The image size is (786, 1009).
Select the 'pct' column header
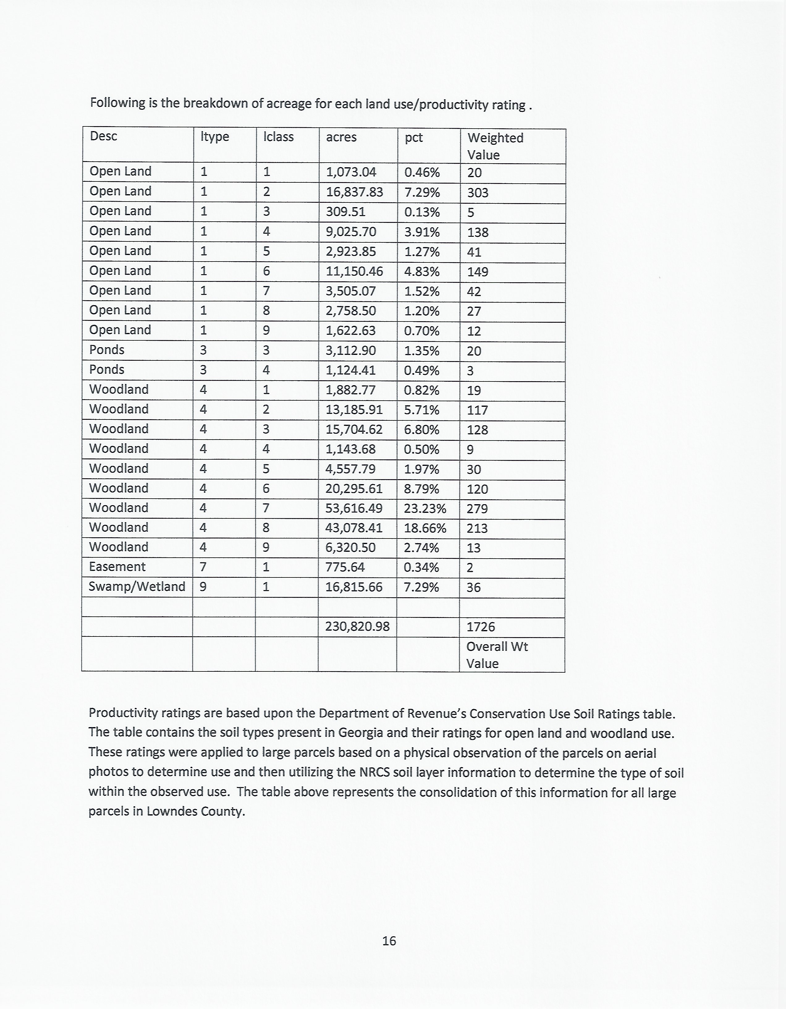(414, 138)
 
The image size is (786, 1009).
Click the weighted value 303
(478, 193)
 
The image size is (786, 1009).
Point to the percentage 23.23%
(425, 509)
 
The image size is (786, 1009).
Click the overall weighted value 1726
(481, 627)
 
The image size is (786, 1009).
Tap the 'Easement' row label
(117, 567)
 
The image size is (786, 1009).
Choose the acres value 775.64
(345, 567)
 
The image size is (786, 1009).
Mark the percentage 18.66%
(425, 528)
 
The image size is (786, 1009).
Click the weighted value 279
(477, 509)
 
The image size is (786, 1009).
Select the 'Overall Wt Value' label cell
(497, 655)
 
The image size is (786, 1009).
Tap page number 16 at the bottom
(389, 941)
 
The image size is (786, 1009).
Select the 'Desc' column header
(104, 136)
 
